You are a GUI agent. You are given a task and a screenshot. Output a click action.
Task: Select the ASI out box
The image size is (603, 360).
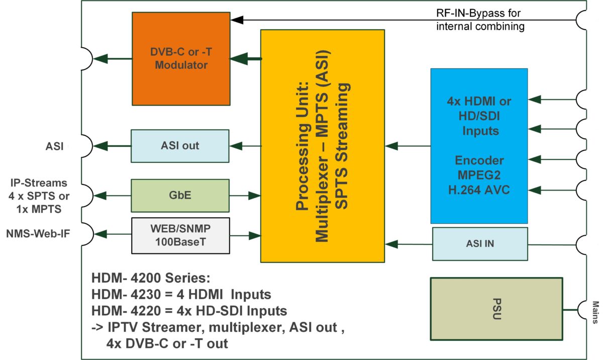tap(180, 146)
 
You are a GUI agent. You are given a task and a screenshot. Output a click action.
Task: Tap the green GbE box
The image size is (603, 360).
tap(180, 195)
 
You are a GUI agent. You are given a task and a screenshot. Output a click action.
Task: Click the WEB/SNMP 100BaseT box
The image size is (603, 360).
tap(180, 235)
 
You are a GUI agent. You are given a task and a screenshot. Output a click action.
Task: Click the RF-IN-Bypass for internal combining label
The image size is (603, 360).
tap(480, 19)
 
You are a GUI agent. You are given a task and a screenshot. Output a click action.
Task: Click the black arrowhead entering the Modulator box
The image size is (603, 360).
tap(237, 20)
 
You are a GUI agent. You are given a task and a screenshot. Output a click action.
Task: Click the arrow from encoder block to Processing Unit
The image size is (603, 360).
tap(407, 146)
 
